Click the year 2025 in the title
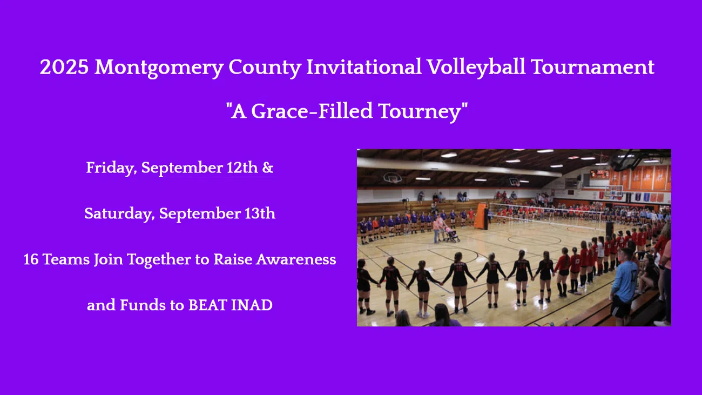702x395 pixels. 64,68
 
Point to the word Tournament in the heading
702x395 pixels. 592,68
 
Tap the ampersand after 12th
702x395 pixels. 268,168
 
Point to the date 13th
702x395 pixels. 260,214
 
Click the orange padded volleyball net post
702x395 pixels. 480,216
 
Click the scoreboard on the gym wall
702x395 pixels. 599,174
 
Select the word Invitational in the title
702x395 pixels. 364,68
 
